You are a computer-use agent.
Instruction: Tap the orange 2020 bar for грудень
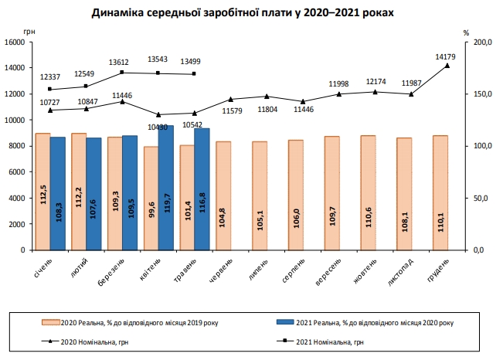pyautogui.click(x=440, y=192)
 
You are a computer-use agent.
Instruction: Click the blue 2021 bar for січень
pyautogui.click(x=57, y=193)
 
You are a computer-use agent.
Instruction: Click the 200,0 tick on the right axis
pyautogui.click(x=481, y=42)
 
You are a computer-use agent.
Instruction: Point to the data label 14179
pyautogui.click(x=446, y=56)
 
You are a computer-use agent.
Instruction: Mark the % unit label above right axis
pyautogui.click(x=466, y=32)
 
